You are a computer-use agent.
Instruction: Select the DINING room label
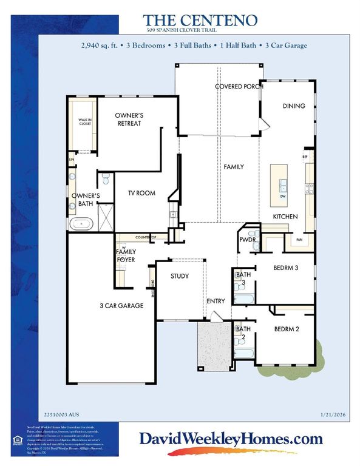pyautogui.click(x=294, y=106)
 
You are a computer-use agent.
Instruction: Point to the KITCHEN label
pyautogui.click(x=285, y=216)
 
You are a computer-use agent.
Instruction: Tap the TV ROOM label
pyautogui.click(x=141, y=193)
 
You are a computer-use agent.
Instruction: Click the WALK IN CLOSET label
pyautogui.click(x=84, y=122)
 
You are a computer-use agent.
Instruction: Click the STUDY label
pyautogui.click(x=179, y=276)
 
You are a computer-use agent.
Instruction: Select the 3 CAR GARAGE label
pyautogui.click(x=123, y=306)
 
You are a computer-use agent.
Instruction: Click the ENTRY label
pyautogui.click(x=216, y=301)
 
